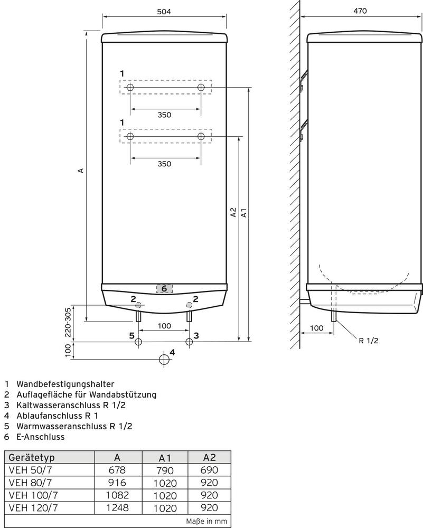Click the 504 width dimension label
pos(164,12)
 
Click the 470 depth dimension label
pos(360,11)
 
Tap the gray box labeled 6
pos(164,289)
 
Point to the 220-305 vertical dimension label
pos(68,322)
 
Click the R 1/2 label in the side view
pos(369,341)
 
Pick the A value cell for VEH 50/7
pos(117,470)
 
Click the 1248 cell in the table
pos(117,507)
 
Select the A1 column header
pos(165,458)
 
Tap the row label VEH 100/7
pos(33,495)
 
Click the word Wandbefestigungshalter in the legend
pos(65,384)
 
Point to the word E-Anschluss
pos(41,437)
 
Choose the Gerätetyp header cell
pos(49,458)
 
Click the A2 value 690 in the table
pos(209,470)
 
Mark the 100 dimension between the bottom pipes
pos(164,326)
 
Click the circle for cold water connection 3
pos(189,342)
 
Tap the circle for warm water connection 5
pos(138,342)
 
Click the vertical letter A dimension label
pos(80,171)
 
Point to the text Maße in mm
pos(206,521)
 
